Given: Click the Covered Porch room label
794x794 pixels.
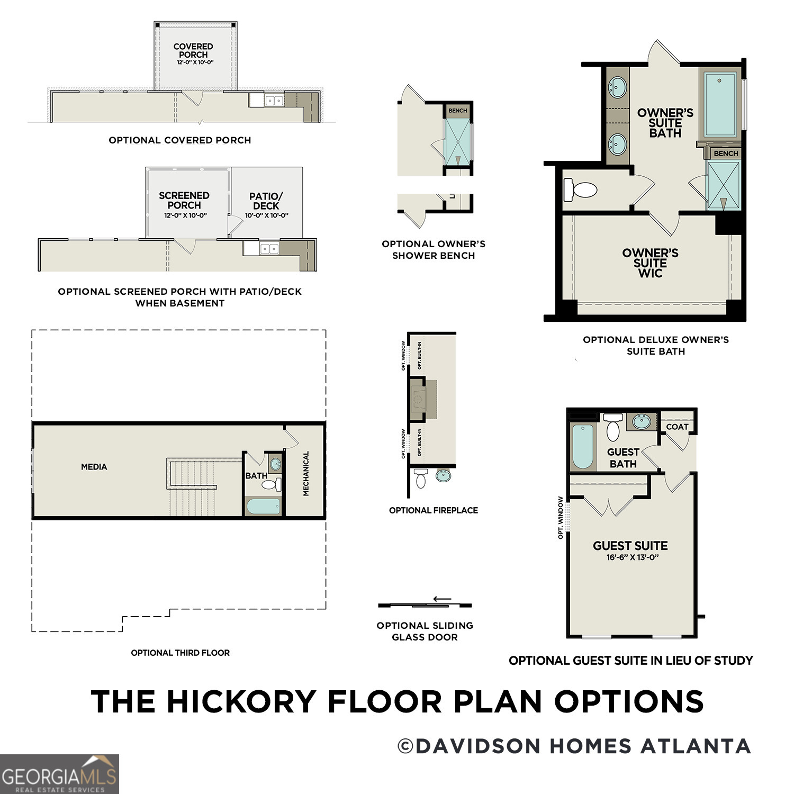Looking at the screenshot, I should pos(193,51).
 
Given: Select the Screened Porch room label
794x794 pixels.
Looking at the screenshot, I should pos(184,201).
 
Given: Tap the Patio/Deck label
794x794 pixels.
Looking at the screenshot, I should pos(266,201).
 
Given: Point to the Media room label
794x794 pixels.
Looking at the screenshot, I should pos(94,467).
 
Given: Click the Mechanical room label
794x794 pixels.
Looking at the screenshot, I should pos(306,473).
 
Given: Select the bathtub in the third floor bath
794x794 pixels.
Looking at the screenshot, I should pos(263,506).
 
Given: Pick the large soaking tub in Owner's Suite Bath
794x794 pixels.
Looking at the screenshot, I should pos(720,104).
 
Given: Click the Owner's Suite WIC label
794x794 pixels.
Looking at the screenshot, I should pos(650,263).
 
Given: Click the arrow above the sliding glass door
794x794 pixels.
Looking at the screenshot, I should pos(442,599).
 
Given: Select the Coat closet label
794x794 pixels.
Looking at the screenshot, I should pos(677,427).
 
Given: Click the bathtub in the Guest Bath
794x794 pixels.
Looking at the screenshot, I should pos(583,446).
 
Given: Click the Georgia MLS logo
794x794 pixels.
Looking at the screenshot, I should pos(59,774).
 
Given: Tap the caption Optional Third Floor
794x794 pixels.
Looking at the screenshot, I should pos(180,653).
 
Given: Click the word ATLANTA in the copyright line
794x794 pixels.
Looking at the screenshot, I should pos(696,746).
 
